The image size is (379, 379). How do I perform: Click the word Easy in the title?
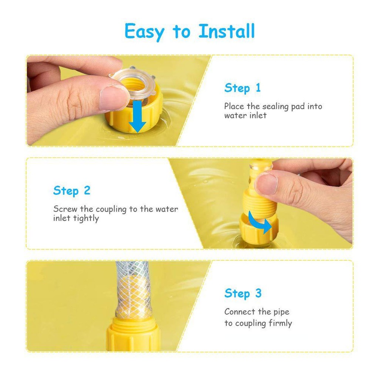point(144,32)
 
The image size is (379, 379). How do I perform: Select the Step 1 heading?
point(242,88)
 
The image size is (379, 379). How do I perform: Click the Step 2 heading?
point(72,191)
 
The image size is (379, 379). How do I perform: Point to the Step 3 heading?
point(243,294)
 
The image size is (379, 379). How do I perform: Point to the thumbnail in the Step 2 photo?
point(266,184)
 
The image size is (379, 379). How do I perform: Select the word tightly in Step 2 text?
point(86,218)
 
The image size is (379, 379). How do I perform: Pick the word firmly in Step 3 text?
point(280,323)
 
